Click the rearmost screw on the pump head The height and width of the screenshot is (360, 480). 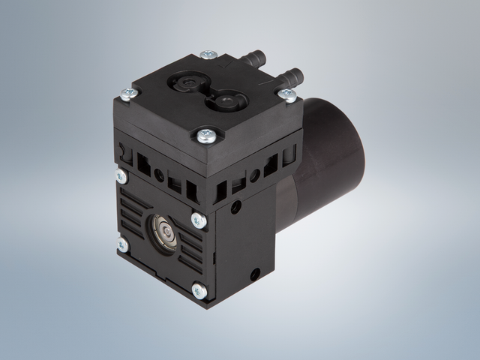tap(208, 56)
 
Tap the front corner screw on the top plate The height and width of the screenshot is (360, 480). tap(204, 135)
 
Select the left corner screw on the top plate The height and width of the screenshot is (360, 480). tap(127, 93)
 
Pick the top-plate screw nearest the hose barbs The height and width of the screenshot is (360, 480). tap(286, 94)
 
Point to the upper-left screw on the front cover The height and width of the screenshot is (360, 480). tap(121, 176)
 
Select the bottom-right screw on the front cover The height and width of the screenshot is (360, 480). tap(199, 289)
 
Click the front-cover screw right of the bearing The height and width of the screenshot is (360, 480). tap(198, 220)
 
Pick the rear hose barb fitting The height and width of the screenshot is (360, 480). tap(256, 56)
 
